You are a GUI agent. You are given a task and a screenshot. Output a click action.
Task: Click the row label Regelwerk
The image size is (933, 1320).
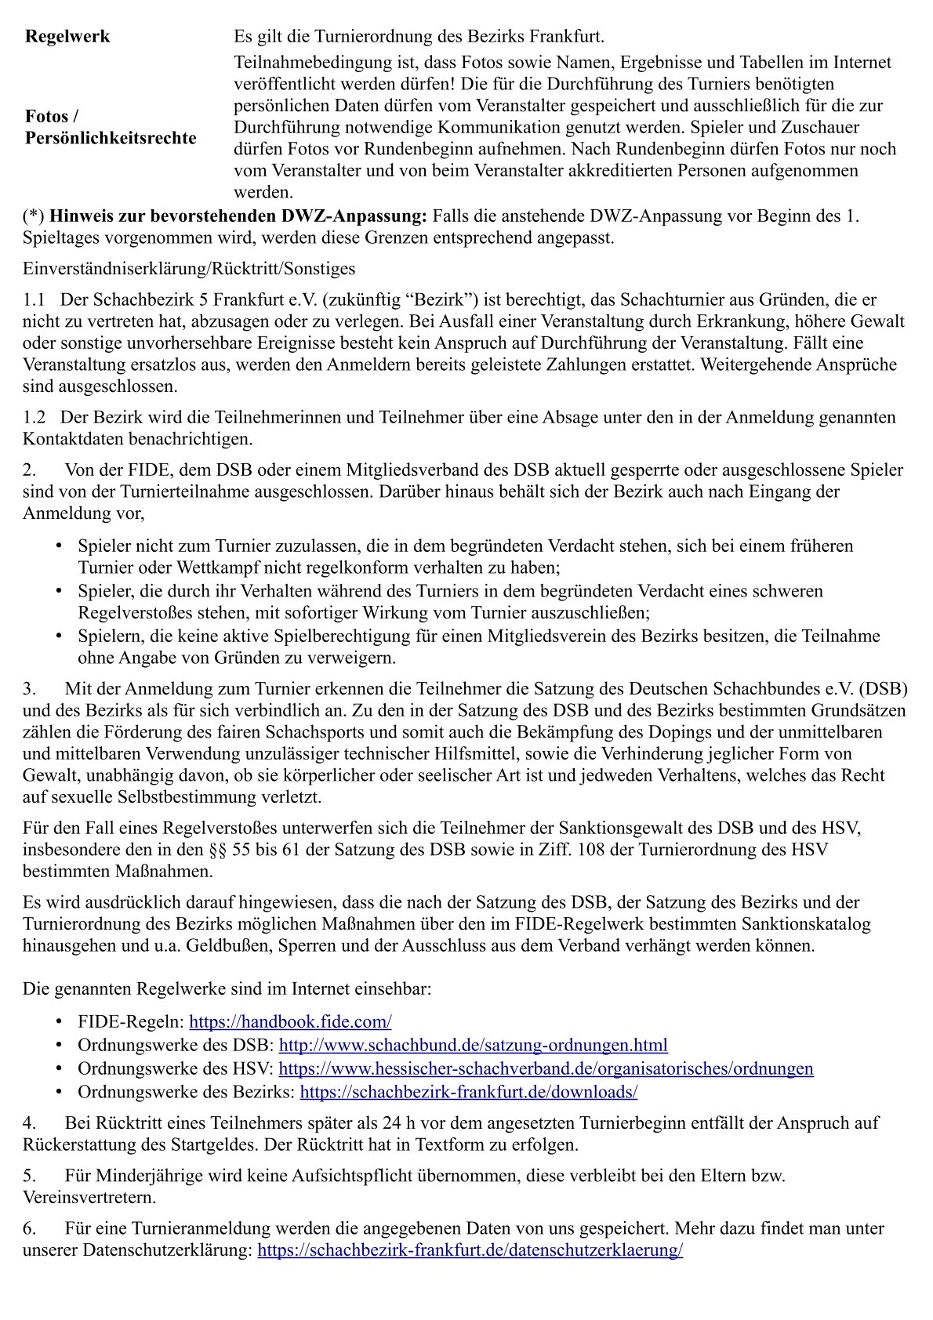67,37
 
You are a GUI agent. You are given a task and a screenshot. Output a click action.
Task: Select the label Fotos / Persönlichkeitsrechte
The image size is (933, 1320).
111,127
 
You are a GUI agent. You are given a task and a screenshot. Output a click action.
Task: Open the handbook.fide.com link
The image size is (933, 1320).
290,1021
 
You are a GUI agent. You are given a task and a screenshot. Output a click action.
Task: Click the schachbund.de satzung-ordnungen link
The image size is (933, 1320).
473,1045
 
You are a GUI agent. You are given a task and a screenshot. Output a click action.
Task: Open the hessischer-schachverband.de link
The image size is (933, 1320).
546,1068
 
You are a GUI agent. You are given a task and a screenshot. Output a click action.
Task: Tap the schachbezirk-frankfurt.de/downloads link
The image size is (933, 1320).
468,1092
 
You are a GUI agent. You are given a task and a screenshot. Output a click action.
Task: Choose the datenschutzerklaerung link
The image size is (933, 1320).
470,1250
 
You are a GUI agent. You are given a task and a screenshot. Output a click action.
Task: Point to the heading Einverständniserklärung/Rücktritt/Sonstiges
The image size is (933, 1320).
189,269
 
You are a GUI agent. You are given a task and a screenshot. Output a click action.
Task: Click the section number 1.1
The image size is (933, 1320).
34,299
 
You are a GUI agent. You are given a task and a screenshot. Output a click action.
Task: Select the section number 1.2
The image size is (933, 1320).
34,418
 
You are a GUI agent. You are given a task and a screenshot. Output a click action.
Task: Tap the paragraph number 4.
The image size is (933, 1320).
28,1122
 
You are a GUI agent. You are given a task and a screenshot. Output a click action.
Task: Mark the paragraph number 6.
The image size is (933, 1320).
28,1228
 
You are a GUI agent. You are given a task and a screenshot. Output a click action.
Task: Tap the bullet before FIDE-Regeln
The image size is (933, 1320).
60,1021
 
